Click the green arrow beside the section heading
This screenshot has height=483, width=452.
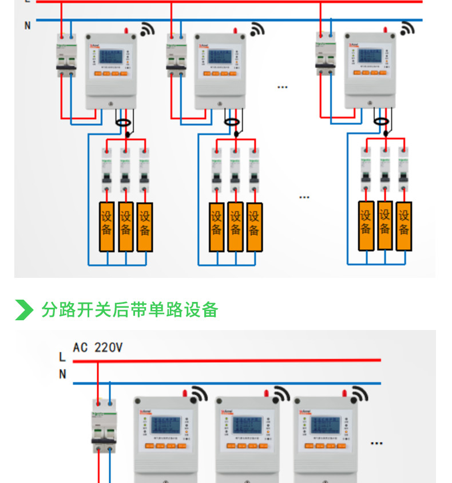click(x=24, y=309)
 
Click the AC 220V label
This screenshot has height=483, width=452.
click(x=97, y=347)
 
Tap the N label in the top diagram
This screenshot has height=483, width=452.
click(x=27, y=26)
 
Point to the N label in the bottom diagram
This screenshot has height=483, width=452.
click(x=62, y=374)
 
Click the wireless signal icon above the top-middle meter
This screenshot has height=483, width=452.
click(x=257, y=29)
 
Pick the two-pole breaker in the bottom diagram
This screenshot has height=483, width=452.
click(x=104, y=422)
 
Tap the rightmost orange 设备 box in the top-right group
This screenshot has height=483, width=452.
click(x=404, y=225)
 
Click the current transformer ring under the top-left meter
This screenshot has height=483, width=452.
click(x=122, y=121)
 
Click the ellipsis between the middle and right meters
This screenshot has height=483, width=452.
click(x=282, y=87)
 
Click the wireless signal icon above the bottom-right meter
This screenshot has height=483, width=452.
click(x=359, y=394)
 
